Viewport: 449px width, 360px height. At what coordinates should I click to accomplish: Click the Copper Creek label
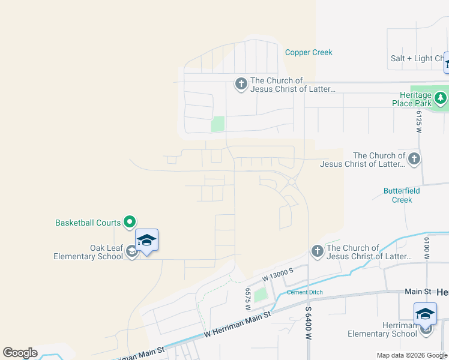(309, 52)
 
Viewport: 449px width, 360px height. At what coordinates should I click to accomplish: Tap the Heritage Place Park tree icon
(441, 97)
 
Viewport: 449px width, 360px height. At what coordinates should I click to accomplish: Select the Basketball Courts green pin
(130, 223)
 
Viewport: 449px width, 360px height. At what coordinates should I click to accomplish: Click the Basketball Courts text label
(88, 223)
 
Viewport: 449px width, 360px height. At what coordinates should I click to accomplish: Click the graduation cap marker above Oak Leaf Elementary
(146, 241)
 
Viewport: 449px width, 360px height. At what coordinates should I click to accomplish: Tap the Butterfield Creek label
(402, 195)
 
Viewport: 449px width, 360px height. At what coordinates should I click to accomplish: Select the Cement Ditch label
(304, 292)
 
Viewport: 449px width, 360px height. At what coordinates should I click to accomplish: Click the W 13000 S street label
(278, 275)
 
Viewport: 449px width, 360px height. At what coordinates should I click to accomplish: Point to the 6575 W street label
(247, 298)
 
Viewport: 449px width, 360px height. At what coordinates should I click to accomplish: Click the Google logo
(20, 353)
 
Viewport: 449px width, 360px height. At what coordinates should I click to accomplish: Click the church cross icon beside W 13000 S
(317, 251)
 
